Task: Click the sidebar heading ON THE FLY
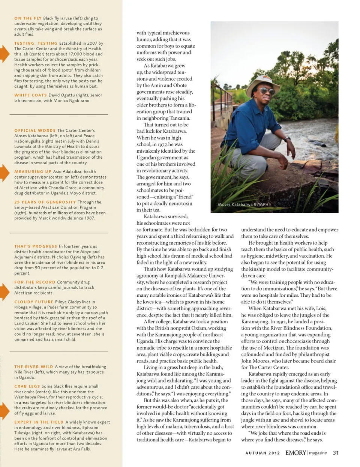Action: coord(28,18)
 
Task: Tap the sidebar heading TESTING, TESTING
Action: coord(36,43)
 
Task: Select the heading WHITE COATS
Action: coord(30,95)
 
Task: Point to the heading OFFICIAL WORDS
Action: coord(35,130)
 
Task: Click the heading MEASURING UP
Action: coord(33,171)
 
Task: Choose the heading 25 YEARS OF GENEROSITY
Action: coord(45,202)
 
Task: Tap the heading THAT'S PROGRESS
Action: coord(36,246)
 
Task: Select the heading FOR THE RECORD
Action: coord(34,282)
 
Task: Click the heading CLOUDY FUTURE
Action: coord(34,302)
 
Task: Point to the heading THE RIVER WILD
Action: coord(34,366)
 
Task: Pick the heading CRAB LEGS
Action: coord(27,386)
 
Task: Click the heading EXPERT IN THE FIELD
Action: coord(39,422)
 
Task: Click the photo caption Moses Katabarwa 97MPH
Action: coord(243,204)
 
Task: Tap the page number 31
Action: coord(336,453)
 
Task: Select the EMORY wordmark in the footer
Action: coord(295,453)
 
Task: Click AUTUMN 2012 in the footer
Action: coord(262,453)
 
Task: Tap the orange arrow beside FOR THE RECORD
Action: coord(4,292)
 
